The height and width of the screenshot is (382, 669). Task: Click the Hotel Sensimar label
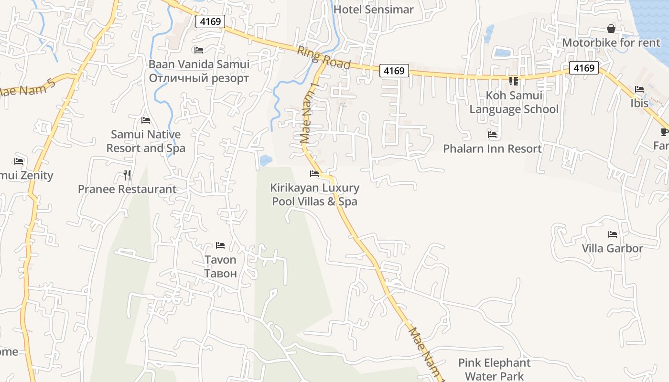click(x=373, y=10)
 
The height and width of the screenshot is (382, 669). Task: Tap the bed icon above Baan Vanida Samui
click(x=199, y=50)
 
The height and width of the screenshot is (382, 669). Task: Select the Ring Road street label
click(x=324, y=58)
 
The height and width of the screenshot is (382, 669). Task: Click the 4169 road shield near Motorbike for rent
click(x=583, y=68)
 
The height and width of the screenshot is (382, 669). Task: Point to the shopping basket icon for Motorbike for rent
click(x=611, y=29)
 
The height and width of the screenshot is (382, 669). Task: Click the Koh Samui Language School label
click(x=514, y=102)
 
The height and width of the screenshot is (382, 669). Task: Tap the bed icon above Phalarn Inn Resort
click(x=492, y=135)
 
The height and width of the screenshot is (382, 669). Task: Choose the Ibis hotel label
click(x=639, y=103)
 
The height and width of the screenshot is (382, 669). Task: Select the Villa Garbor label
click(x=612, y=248)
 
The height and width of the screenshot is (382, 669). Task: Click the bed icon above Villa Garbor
click(x=612, y=234)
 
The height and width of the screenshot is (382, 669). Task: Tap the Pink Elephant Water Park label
click(x=494, y=370)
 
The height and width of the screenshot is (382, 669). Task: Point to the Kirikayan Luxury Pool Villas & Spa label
click(x=314, y=195)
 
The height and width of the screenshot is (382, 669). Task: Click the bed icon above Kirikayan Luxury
click(x=314, y=174)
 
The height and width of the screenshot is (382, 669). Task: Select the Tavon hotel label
click(x=220, y=266)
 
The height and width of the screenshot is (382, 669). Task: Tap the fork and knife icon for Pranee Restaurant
click(x=127, y=175)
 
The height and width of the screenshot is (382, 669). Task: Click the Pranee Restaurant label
click(x=127, y=189)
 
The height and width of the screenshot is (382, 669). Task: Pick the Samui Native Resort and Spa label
click(x=146, y=141)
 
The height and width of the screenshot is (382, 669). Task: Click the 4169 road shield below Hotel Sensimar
click(x=394, y=71)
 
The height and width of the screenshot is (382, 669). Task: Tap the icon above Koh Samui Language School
click(x=514, y=81)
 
